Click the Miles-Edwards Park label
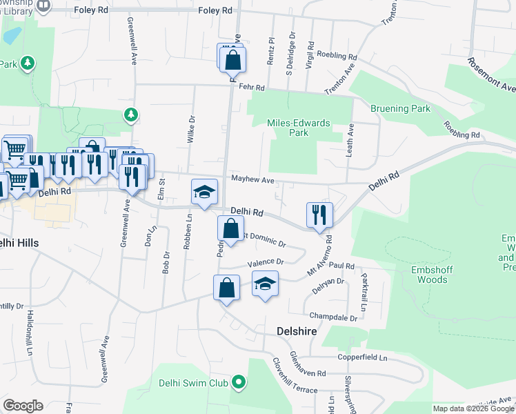click(x=299, y=128)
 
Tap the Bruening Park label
click(x=400, y=108)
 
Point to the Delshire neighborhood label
click(x=297, y=331)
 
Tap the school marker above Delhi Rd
click(x=204, y=193)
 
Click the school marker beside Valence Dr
click(x=265, y=284)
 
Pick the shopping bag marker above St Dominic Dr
click(x=231, y=228)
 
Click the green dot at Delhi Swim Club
click(x=239, y=382)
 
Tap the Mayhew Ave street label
click(x=252, y=180)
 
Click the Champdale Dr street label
click(x=333, y=317)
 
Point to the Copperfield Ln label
click(x=362, y=358)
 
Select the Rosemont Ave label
click(x=491, y=75)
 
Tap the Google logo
click(x=23, y=406)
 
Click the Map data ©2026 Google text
click(x=473, y=408)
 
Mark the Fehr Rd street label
click(x=252, y=88)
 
